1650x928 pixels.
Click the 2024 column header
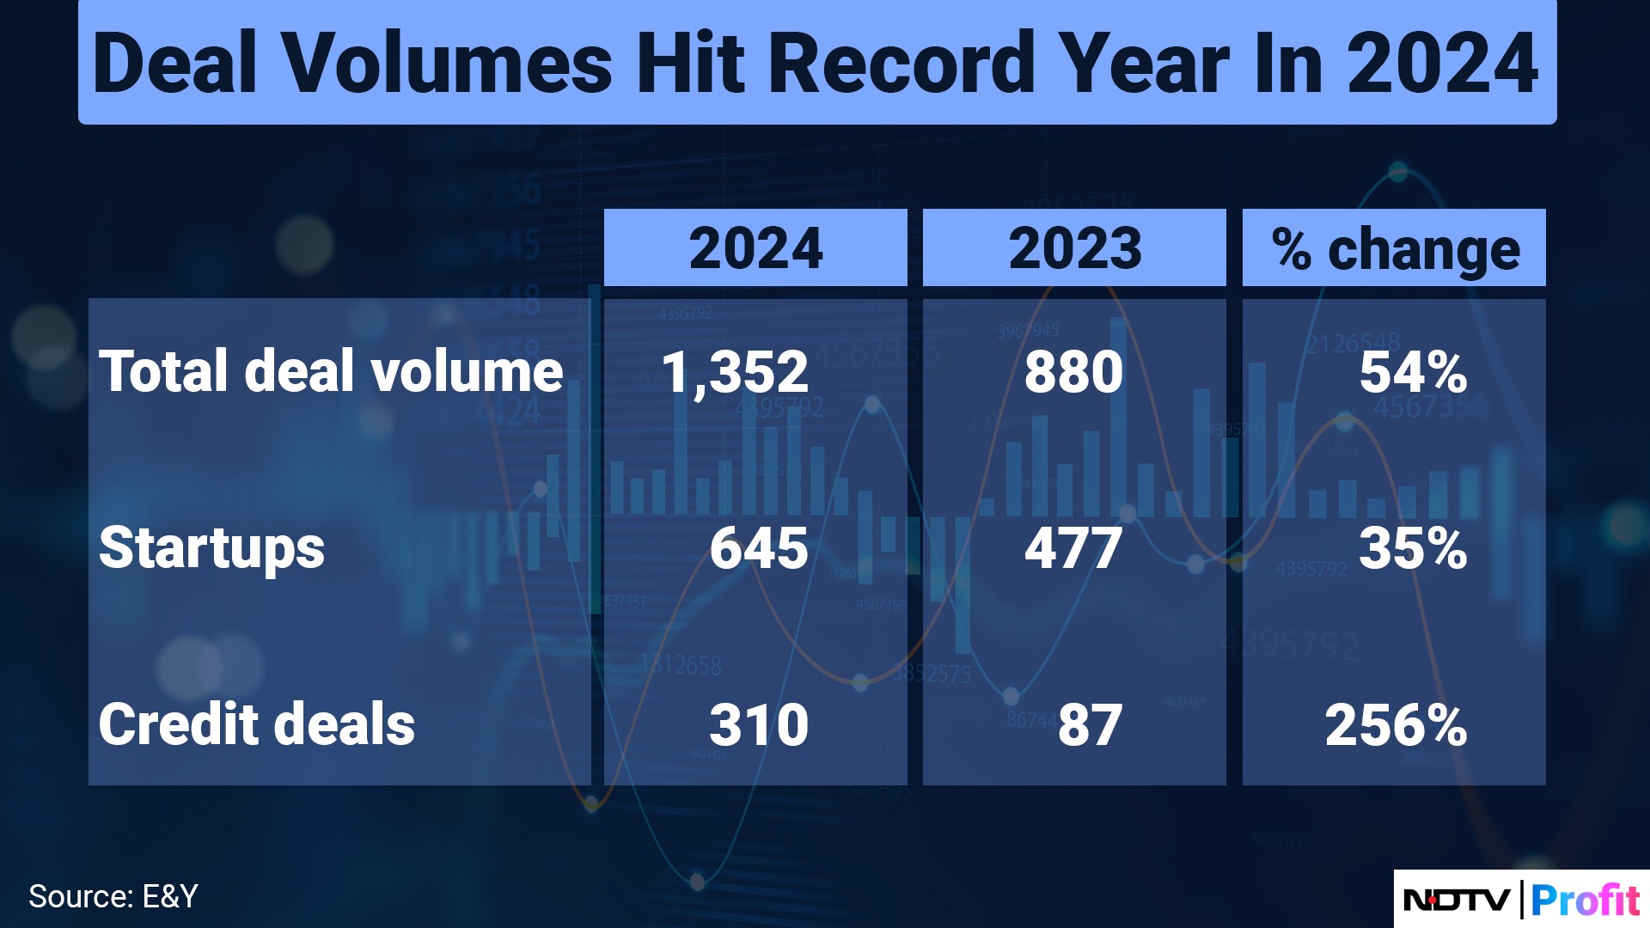click(x=755, y=247)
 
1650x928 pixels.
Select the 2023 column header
click(x=1074, y=247)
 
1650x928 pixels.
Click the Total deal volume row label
click(x=331, y=371)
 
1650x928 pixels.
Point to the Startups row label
click(x=211, y=548)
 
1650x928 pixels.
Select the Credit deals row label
click(x=256, y=723)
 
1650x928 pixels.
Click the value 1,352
click(x=735, y=373)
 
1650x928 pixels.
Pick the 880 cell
click(x=1073, y=372)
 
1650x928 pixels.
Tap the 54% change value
click(x=1413, y=372)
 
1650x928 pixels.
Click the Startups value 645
click(x=759, y=548)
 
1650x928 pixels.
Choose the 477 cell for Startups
click(x=1073, y=548)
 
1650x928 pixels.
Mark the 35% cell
click(x=1413, y=548)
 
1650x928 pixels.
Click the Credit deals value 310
click(x=759, y=724)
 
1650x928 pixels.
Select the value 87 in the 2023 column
click(x=1090, y=724)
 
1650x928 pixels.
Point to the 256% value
click(x=1396, y=724)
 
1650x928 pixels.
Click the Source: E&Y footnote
click(x=113, y=896)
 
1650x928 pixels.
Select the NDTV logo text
click(x=1457, y=900)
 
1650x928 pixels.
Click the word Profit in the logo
click(x=1586, y=900)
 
